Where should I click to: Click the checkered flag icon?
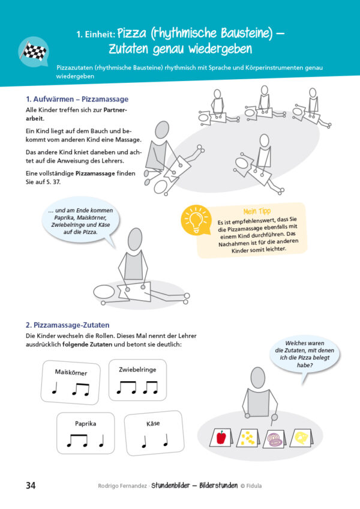click(x=34, y=51)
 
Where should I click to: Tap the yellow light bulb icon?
click(x=196, y=220)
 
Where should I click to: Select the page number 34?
click(x=31, y=486)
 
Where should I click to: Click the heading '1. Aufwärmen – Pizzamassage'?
click(x=77, y=99)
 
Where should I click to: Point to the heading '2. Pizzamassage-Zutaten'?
click(x=68, y=325)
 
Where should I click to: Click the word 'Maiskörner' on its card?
click(x=71, y=372)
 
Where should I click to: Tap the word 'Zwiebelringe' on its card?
click(x=137, y=369)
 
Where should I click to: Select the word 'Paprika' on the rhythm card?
click(x=85, y=423)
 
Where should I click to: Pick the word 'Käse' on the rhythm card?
click(x=153, y=423)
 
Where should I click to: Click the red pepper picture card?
click(x=221, y=437)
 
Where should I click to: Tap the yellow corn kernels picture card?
click(x=248, y=438)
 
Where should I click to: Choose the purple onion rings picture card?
click(x=275, y=439)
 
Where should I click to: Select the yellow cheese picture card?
click(x=301, y=438)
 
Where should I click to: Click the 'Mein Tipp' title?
click(x=257, y=211)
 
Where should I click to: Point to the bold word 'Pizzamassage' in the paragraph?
click(x=95, y=173)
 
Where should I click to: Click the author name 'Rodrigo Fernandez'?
click(x=122, y=486)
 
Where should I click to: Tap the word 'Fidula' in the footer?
click(x=254, y=486)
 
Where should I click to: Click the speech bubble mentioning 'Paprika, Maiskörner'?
click(x=80, y=221)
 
